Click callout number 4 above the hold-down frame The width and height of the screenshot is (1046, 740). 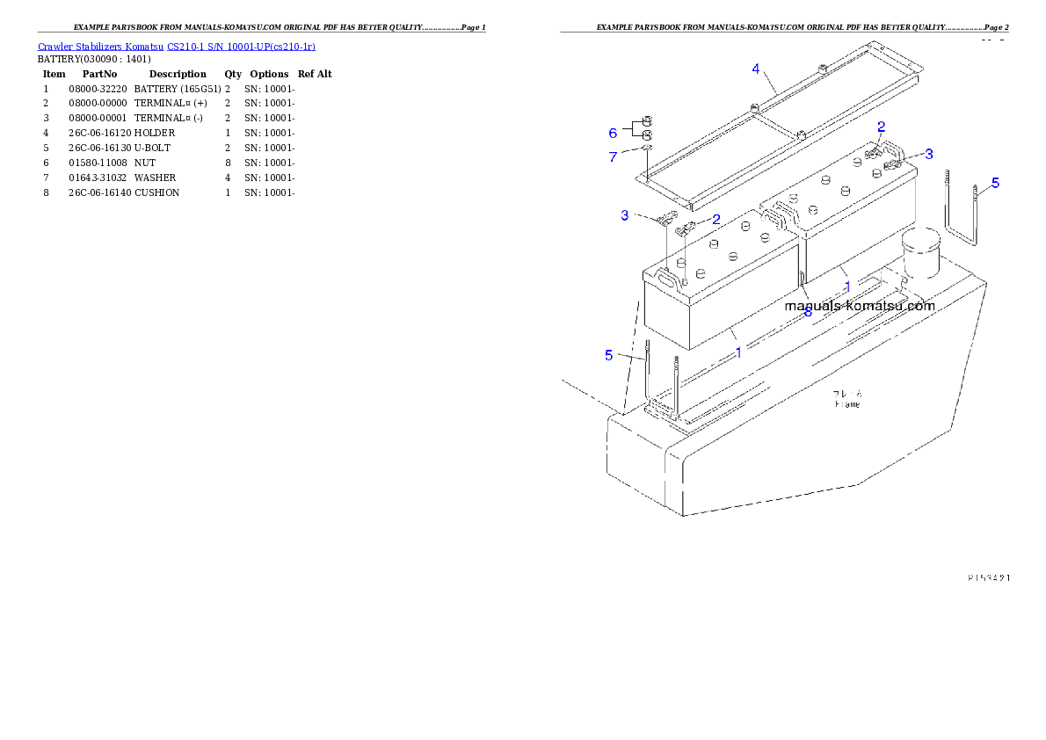755,69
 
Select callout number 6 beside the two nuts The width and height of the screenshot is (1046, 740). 613,133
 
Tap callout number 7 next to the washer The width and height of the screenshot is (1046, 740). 613,156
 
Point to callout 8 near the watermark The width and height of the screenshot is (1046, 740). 808,311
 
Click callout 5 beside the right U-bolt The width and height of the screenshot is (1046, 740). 995,183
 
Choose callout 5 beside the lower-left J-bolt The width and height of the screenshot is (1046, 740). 608,355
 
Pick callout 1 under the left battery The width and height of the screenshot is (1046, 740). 738,352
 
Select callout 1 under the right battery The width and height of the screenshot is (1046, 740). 847,287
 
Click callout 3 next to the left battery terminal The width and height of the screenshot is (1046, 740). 625,215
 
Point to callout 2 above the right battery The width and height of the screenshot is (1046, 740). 881,127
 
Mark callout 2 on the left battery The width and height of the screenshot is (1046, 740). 716,219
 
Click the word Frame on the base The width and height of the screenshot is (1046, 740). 847,403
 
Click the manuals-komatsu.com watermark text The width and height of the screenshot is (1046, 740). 859,306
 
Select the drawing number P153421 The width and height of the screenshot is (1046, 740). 988,577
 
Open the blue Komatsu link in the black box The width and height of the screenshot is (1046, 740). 176,47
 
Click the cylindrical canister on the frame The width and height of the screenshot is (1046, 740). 920,253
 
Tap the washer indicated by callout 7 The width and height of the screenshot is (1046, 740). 646,149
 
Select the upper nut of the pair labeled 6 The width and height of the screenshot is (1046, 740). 646,120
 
